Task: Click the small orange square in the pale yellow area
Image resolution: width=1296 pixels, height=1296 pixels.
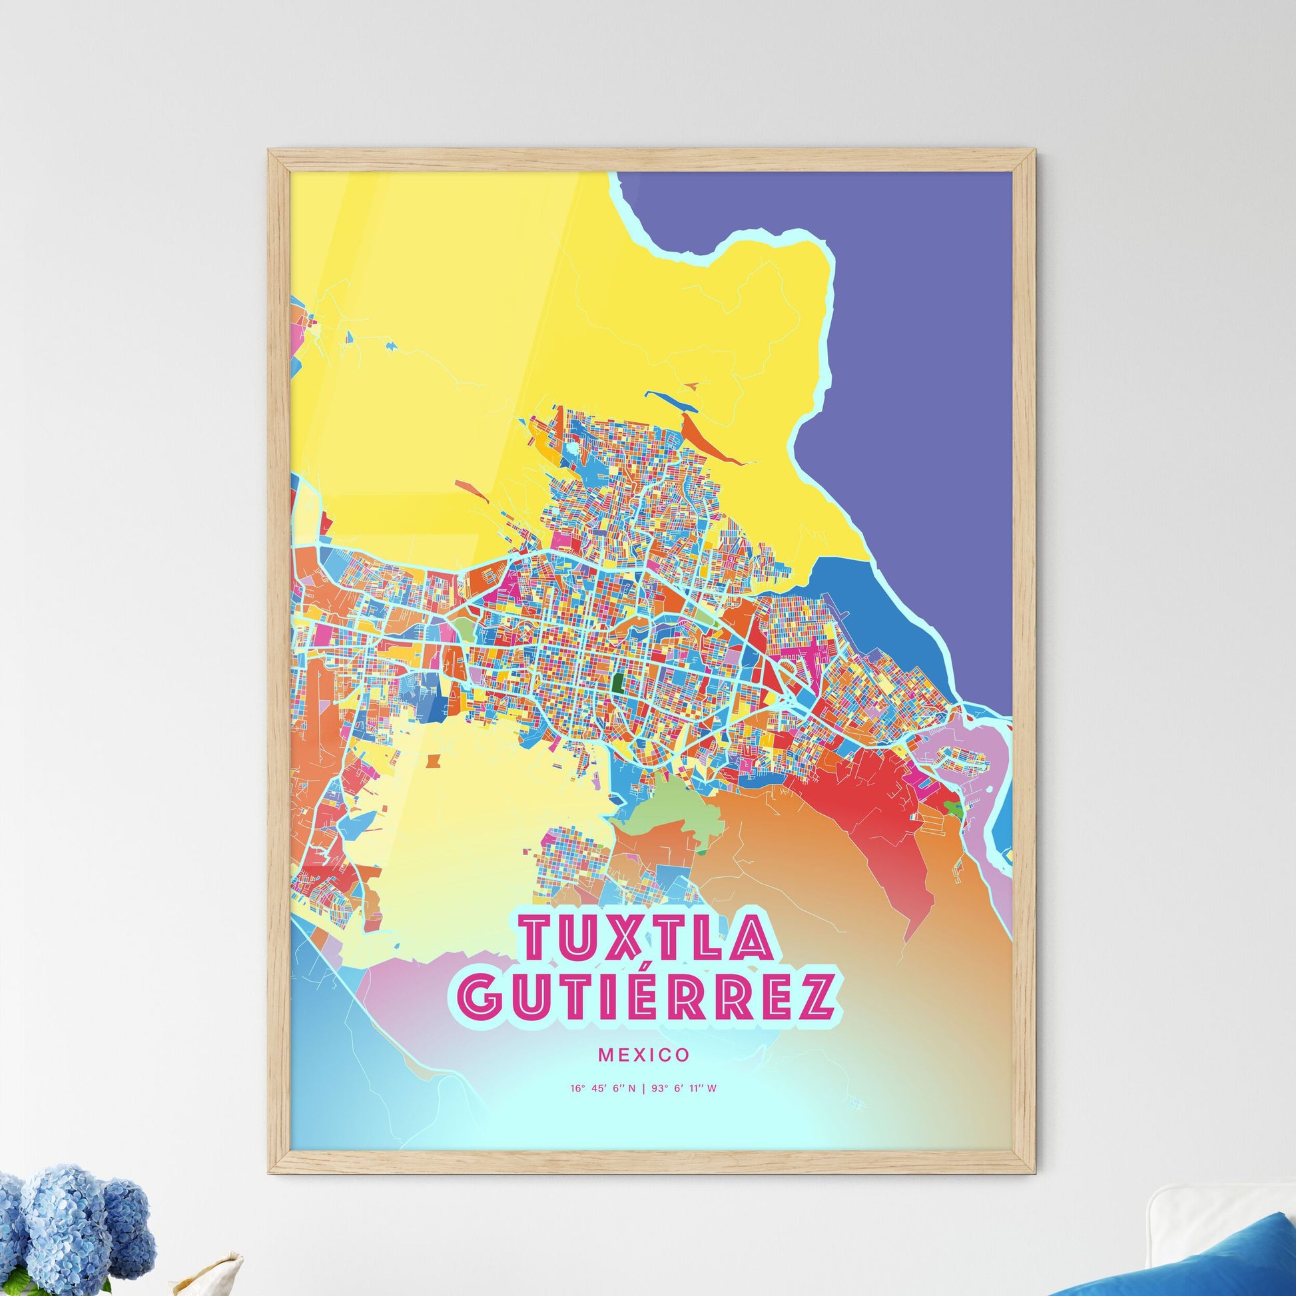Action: pyautogui.click(x=434, y=762)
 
